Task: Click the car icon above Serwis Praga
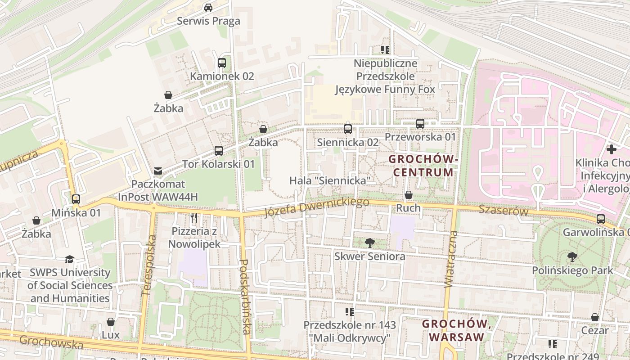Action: (x=208, y=7)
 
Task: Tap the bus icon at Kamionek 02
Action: (x=221, y=63)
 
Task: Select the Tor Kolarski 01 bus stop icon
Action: (x=219, y=151)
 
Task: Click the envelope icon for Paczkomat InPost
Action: (x=158, y=171)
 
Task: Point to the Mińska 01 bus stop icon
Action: (x=76, y=199)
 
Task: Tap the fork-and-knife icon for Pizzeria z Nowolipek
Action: (x=194, y=218)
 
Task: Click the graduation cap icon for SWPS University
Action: (x=69, y=259)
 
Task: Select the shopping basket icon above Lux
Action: (x=111, y=322)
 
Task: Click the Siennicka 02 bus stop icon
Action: (x=348, y=129)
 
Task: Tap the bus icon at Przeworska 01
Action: (x=420, y=123)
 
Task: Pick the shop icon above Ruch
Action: (x=409, y=195)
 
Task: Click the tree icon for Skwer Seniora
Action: (x=370, y=243)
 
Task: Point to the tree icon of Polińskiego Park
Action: (x=572, y=257)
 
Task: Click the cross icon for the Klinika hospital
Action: (x=612, y=149)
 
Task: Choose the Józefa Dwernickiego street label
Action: (x=317, y=207)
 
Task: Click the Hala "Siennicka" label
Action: (x=330, y=180)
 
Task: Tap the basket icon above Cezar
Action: (x=595, y=317)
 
